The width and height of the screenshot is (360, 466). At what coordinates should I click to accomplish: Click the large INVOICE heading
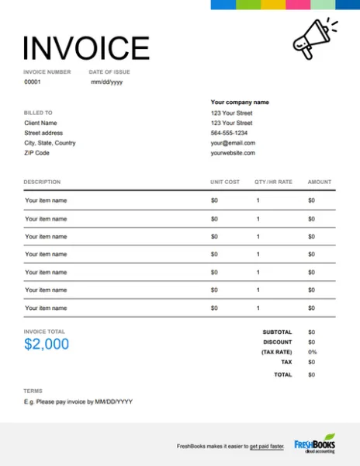click(x=86, y=48)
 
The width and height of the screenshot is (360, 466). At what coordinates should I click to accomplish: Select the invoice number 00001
click(x=33, y=82)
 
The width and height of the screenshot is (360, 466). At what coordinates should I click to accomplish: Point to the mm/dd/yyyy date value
click(x=107, y=82)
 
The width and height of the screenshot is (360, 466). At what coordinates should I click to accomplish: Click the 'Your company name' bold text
click(x=240, y=103)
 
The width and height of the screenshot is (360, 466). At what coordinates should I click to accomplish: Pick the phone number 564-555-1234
click(x=230, y=133)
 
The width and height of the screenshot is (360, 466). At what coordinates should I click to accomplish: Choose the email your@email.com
click(x=233, y=143)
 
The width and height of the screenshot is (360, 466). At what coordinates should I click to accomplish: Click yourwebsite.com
click(x=233, y=153)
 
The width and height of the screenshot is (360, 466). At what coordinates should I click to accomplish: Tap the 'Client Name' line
click(x=40, y=123)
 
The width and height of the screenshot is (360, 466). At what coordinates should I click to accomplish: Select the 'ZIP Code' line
click(x=38, y=153)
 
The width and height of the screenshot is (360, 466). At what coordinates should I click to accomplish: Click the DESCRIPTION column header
click(x=42, y=182)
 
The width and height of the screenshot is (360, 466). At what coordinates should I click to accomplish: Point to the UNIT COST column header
click(x=225, y=182)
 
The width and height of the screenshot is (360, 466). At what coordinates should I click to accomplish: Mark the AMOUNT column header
click(x=320, y=182)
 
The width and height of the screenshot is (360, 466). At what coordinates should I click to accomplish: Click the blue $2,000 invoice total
click(x=47, y=344)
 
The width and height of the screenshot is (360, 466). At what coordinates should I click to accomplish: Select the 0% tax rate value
click(x=313, y=352)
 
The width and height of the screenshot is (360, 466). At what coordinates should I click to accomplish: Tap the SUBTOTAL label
click(x=278, y=332)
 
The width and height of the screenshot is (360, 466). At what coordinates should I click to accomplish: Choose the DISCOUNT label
click(x=278, y=342)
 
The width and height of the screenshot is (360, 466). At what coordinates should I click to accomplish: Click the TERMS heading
click(x=33, y=391)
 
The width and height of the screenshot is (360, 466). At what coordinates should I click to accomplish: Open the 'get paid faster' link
click(x=267, y=446)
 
